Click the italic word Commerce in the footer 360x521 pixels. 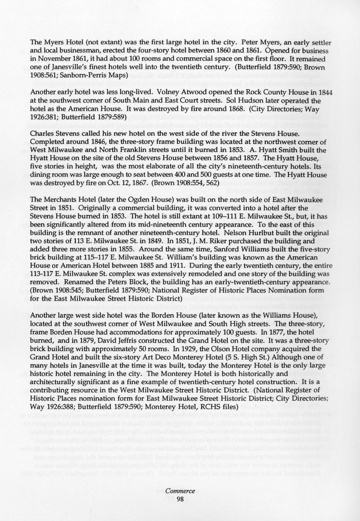click(180, 491)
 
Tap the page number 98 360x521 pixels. click(180, 499)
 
